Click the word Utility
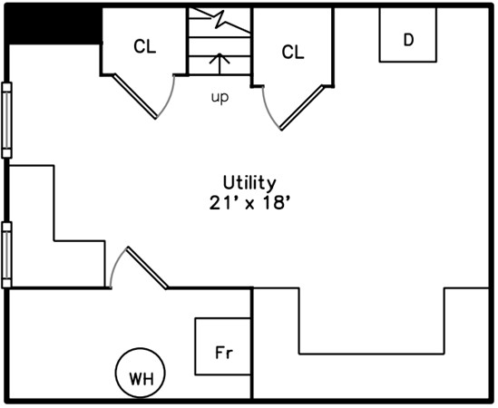(249, 183)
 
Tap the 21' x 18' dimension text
(250, 203)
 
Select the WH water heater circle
(140, 373)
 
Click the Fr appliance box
(223, 346)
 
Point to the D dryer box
(408, 34)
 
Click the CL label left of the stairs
(145, 46)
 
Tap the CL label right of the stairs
(293, 52)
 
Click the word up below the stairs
(220, 97)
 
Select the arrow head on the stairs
(220, 58)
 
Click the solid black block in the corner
(53, 25)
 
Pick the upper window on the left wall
(6, 121)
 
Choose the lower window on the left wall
(6, 255)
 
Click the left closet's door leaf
(135, 96)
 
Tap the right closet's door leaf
(302, 107)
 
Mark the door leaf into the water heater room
(147, 267)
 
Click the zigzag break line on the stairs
(220, 20)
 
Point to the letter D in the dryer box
(408, 40)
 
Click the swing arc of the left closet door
(169, 99)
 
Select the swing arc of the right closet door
(269, 110)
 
